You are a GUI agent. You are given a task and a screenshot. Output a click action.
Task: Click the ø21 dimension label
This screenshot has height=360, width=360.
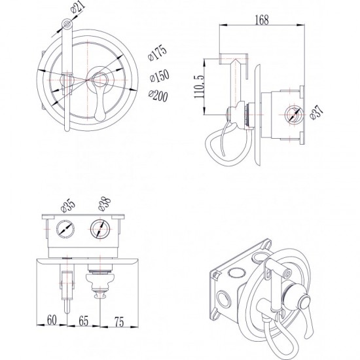click(78, 8)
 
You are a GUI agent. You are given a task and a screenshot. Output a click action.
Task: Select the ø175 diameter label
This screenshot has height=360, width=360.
click(157, 53)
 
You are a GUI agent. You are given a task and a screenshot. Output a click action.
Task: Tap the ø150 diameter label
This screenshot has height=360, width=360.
click(159, 76)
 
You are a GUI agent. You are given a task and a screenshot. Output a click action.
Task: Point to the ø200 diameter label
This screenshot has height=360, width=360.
click(158, 96)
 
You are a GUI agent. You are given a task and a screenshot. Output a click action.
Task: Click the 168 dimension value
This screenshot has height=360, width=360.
click(262, 20)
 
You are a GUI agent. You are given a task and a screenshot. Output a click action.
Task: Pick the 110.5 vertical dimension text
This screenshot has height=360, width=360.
click(199, 86)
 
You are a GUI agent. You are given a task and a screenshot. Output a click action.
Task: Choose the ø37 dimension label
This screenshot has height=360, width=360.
click(316, 112)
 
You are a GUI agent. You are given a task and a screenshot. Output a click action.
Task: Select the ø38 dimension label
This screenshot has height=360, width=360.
click(105, 204)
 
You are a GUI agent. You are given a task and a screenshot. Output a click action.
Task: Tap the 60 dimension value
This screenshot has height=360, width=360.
click(52, 319)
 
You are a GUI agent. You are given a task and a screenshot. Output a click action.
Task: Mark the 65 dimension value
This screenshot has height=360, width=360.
click(83, 321)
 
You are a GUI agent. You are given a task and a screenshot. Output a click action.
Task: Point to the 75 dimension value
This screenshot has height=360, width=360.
click(119, 321)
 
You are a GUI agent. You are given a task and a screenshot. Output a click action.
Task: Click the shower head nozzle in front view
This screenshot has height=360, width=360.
click(67, 24)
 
